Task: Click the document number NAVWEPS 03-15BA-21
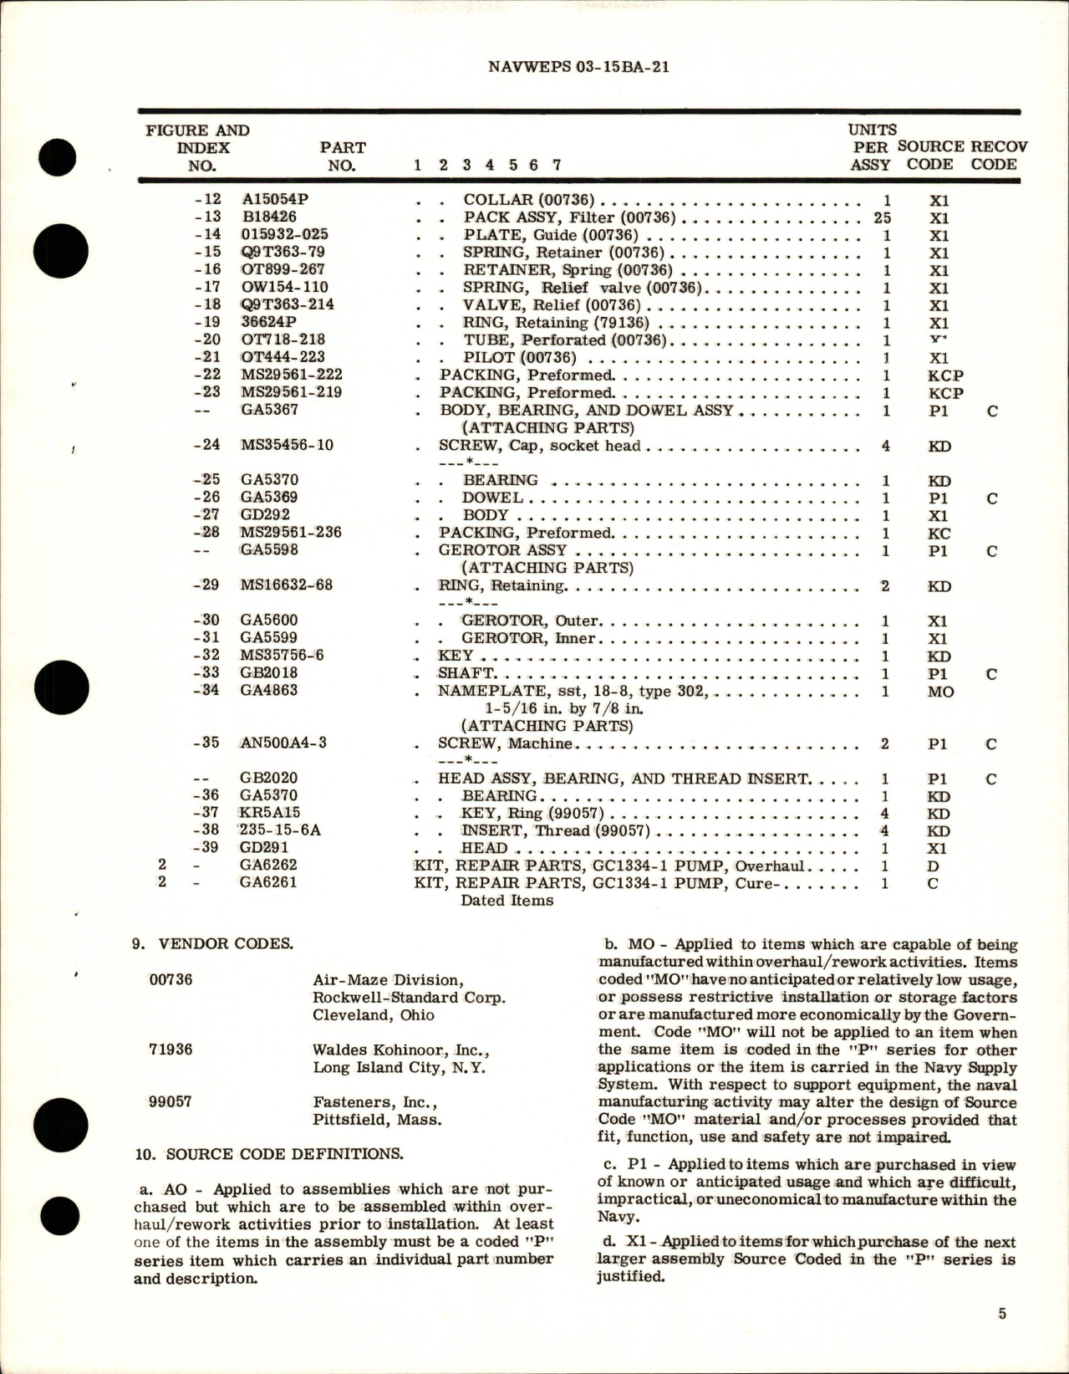578,67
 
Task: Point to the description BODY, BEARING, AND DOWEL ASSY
586,411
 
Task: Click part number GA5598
269,550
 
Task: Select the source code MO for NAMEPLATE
940,692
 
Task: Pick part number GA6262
268,866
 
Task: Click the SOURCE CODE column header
930,155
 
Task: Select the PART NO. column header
342,156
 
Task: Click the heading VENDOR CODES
214,944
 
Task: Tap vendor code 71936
171,1049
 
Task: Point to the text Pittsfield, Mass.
377,1120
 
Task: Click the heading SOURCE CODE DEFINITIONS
269,1154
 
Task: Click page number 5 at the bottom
1002,1314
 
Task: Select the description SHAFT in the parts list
466,673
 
